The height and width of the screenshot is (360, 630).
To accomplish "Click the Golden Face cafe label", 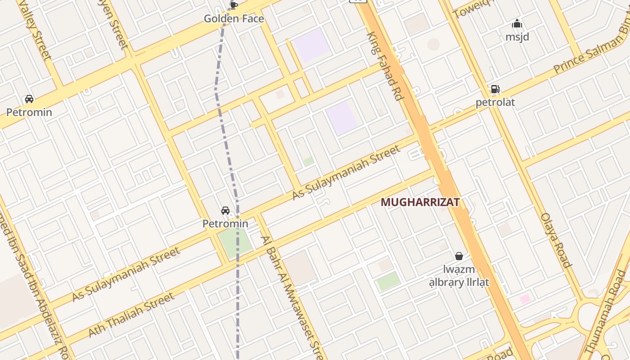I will pyautogui.click(x=234, y=19).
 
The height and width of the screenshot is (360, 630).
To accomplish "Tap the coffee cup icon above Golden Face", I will pyautogui.click(x=234, y=5).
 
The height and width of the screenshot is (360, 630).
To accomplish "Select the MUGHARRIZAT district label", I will pyautogui.click(x=420, y=202).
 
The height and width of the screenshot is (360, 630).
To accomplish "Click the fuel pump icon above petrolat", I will pyautogui.click(x=495, y=89).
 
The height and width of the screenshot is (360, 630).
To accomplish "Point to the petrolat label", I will pyautogui.click(x=495, y=103).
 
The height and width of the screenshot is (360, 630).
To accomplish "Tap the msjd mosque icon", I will pyautogui.click(x=517, y=24).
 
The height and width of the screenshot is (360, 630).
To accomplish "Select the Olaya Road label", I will pyautogui.click(x=556, y=240).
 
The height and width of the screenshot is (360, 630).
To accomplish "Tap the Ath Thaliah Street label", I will pyautogui.click(x=131, y=315).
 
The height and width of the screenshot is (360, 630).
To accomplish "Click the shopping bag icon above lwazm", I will pyautogui.click(x=459, y=256).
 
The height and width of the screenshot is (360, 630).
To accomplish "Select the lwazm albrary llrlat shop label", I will pyautogui.click(x=459, y=276).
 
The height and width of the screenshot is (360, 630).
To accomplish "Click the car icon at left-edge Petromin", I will pyautogui.click(x=29, y=99).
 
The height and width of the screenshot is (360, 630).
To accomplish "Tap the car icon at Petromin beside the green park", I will pyautogui.click(x=225, y=211).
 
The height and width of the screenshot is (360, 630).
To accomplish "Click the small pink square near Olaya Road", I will pyautogui.click(x=525, y=299).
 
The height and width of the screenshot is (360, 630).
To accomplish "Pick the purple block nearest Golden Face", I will pyautogui.click(x=312, y=45).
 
